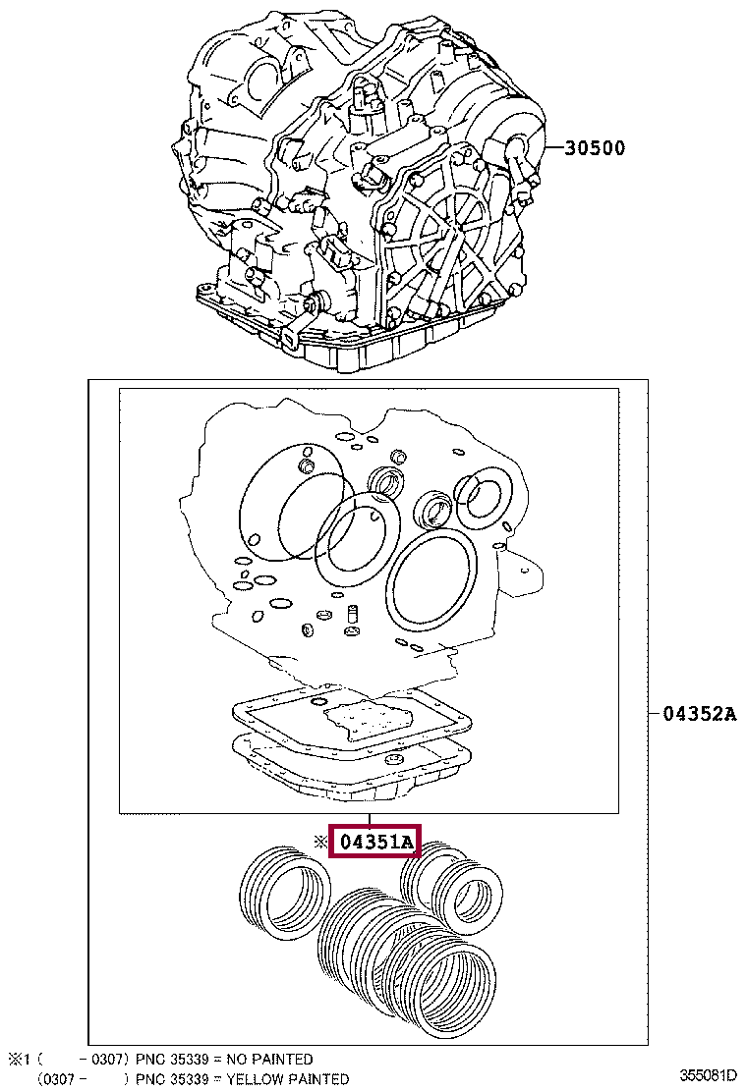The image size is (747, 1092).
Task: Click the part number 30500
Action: point(595,149)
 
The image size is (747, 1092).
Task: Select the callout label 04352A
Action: point(698,714)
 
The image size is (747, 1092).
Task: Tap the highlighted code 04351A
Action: point(374,843)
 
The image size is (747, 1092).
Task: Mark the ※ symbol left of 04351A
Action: point(318,843)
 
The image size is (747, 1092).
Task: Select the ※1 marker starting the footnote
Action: point(21,1060)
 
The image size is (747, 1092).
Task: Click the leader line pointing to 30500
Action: point(548,149)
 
